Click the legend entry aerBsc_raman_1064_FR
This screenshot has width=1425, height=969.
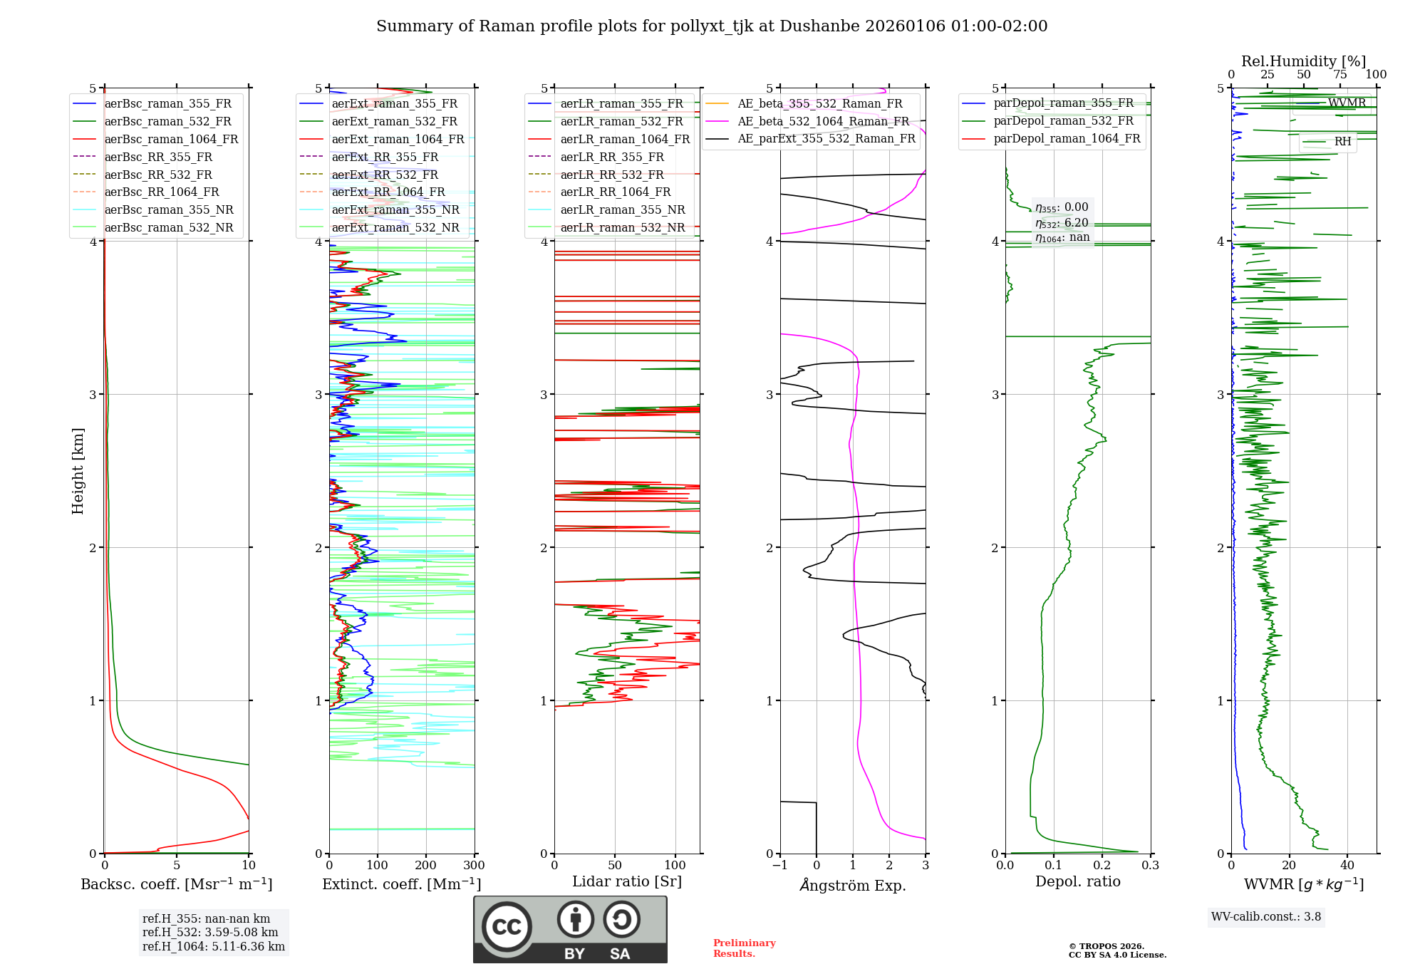pos(171,140)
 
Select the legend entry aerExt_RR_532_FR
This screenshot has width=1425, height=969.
pos(385,175)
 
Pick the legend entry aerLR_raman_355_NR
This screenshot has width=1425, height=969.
pos(622,210)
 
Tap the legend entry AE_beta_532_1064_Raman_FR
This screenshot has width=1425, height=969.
pos(823,122)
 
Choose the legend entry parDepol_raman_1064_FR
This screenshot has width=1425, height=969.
pos(1067,139)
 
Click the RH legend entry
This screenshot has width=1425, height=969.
pos(1342,142)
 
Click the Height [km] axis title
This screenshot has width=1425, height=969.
pos(78,471)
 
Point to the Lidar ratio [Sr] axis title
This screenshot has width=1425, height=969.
pos(627,882)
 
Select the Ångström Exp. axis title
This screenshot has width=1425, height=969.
pos(853,886)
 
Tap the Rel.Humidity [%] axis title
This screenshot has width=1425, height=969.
pos(1303,61)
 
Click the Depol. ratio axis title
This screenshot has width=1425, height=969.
pos(1077,882)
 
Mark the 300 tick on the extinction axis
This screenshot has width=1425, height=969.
pos(475,866)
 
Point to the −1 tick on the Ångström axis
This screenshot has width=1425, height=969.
pos(780,866)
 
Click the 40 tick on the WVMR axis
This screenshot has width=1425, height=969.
pos(1347,866)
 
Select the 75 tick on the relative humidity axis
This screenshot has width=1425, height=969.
pos(1340,75)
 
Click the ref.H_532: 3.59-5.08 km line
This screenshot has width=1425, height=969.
pos(210,933)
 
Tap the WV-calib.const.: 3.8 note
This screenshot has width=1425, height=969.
pos(1266,917)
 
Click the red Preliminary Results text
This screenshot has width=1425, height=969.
pos(744,948)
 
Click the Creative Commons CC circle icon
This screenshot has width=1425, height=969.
pos(507,927)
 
